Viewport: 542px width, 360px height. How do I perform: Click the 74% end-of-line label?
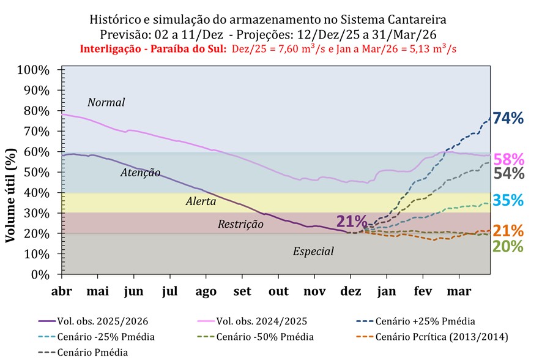coord(509,119)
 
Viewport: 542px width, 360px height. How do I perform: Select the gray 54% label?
coord(509,173)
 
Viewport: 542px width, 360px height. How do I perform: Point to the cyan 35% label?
coord(509,200)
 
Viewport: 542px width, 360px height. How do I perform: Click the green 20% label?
coord(509,246)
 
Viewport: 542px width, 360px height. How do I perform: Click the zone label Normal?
coord(106,102)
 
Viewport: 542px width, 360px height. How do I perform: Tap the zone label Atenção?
coord(140,173)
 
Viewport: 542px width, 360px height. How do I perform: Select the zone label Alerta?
coord(201,201)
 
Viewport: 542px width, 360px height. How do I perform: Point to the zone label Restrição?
coord(240,224)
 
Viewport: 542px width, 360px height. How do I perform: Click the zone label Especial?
coord(313,251)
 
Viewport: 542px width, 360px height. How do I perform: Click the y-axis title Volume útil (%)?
coord(10,193)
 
